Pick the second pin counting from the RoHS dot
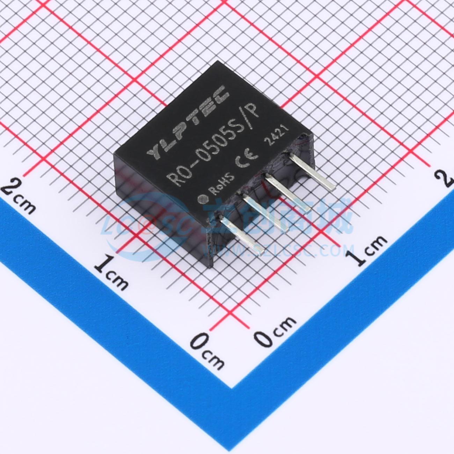point(265,214)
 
